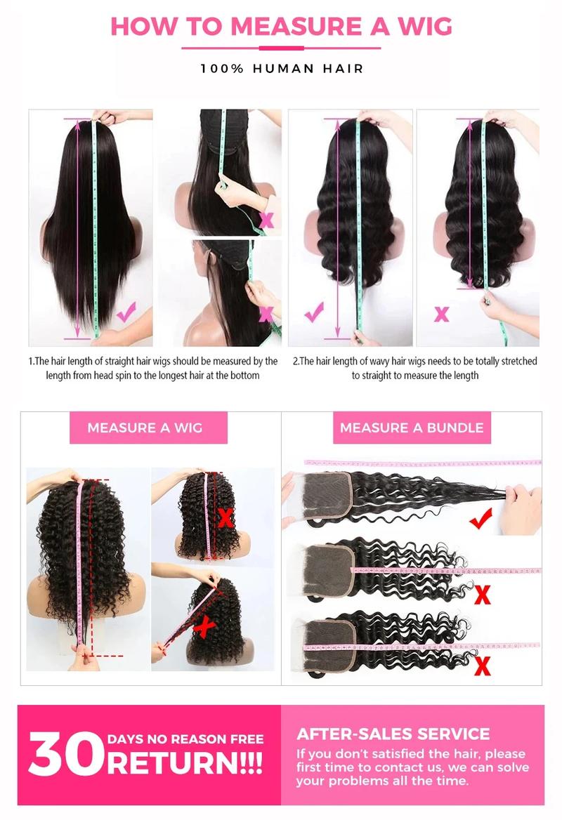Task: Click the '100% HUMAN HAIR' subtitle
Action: [x=281, y=69]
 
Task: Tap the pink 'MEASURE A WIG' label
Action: [x=145, y=428]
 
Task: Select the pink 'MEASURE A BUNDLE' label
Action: [x=412, y=428]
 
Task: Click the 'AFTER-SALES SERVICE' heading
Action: [x=393, y=734]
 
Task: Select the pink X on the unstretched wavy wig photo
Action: [x=441, y=313]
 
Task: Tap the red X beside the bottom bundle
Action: [x=483, y=664]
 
